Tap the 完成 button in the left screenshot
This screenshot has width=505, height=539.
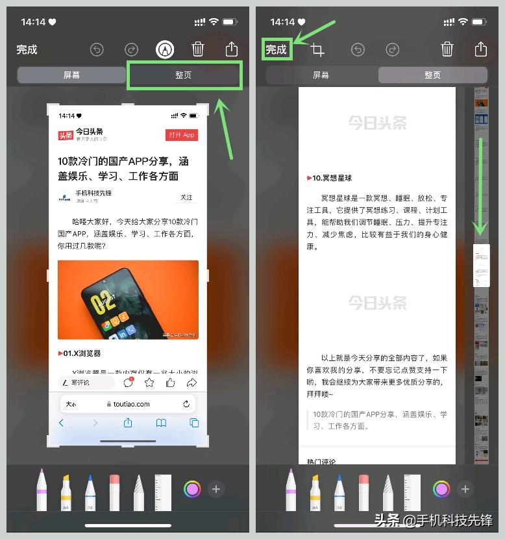click(x=27, y=49)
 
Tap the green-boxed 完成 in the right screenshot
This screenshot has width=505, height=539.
click(x=277, y=49)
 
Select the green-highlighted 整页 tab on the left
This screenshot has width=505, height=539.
click(x=184, y=75)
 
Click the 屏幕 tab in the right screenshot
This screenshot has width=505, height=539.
click(x=321, y=75)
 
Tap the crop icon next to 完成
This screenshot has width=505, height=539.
click(x=317, y=50)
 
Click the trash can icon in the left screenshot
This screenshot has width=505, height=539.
click(x=198, y=49)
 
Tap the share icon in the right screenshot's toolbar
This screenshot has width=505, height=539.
click(x=480, y=49)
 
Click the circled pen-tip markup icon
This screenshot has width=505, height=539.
click(x=165, y=49)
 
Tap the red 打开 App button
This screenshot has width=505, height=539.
click(x=182, y=135)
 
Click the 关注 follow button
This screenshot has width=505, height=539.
click(x=186, y=197)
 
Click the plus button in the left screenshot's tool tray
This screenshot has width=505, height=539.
click(x=216, y=489)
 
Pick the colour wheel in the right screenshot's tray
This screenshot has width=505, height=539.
click(x=441, y=489)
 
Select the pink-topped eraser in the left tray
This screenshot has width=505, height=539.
click(x=115, y=492)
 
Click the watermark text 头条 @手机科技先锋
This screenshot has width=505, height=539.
click(x=433, y=520)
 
